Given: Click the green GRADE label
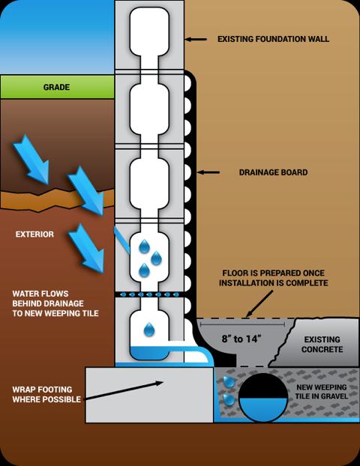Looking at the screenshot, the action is coord(56,87).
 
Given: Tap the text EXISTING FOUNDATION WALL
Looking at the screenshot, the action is coord(273,39).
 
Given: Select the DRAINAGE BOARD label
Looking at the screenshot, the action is coord(273,172).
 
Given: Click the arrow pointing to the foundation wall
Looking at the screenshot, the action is coord(196,39).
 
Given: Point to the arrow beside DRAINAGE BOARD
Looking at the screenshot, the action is coord(208,172).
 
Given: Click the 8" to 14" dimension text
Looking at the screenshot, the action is coord(241,339).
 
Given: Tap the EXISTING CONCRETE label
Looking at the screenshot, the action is coord(322,344).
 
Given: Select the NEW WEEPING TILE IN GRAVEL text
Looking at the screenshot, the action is coord(321,392).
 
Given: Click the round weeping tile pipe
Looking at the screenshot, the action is coord(263,397).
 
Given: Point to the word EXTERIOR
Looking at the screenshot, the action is coord(34,234).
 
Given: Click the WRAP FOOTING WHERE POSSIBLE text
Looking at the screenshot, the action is coord(46,394).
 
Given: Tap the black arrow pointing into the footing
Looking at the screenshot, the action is coord(124,390).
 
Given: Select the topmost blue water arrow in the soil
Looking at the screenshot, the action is coord(31,160).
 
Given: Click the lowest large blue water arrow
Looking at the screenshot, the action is coord(86,248).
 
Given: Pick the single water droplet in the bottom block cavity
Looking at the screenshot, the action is coord(149,330).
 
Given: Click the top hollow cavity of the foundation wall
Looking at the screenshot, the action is coord(149,31).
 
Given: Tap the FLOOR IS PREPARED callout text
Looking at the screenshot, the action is coord(274,278).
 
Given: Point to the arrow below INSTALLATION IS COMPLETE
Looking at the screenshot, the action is coord(259,303).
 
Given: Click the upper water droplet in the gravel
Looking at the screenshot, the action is coord(229,381).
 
